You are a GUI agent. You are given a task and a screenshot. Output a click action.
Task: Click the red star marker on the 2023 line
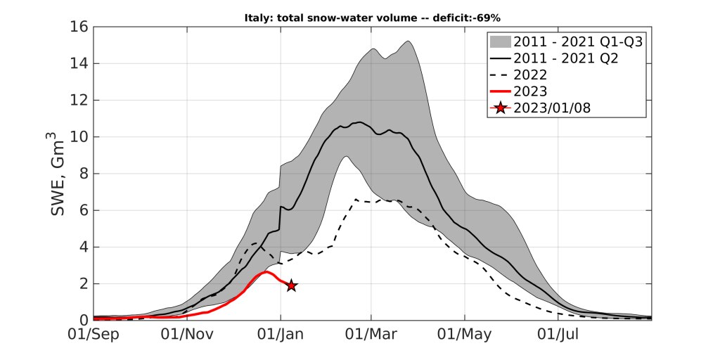290,285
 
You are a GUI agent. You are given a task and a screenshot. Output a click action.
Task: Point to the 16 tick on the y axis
80,27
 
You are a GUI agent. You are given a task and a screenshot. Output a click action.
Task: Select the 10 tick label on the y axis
80,137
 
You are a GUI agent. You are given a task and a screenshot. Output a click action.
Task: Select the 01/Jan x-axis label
281,334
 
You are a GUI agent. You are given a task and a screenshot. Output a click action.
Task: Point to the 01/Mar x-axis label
370,334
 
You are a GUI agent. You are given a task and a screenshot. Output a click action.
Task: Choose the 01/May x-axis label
463,334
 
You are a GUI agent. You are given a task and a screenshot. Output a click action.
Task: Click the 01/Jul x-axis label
556,334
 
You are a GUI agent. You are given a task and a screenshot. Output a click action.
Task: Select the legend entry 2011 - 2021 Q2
566,59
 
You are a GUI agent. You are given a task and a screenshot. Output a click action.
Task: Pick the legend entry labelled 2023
530,91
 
